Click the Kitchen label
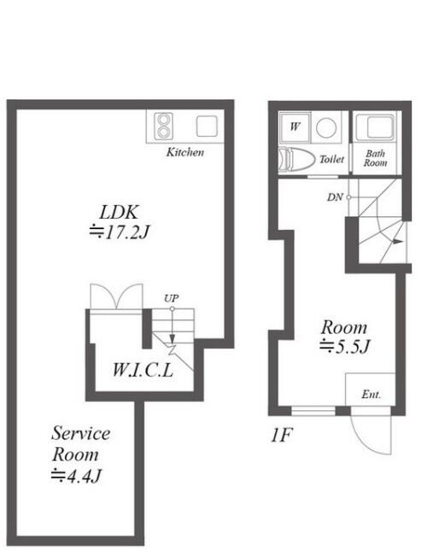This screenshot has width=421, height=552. [x=185, y=152]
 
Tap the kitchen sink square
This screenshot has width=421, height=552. [x=207, y=126]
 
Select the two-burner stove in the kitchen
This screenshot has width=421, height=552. [x=163, y=126]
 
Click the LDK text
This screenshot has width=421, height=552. [x=119, y=212]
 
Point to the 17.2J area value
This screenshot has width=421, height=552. [x=120, y=232]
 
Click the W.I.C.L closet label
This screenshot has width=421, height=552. [x=143, y=370]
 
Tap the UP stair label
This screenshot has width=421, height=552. [x=172, y=298]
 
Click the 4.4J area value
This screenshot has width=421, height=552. [x=76, y=476]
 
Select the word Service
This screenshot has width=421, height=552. [x=81, y=433]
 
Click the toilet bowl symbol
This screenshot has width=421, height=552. [x=296, y=160]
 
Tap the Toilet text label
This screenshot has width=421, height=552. [x=331, y=160]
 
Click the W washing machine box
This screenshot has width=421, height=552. [x=295, y=126]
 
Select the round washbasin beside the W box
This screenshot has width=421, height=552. [x=326, y=127]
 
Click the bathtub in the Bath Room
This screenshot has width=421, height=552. [x=376, y=126]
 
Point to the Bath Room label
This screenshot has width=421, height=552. [x=375, y=158]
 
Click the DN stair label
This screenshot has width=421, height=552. [x=335, y=197]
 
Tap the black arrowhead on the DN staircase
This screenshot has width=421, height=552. [x=397, y=242]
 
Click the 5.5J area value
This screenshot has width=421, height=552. [x=344, y=346]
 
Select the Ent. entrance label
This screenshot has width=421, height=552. [x=371, y=394]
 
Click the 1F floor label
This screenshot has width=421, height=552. [x=281, y=435]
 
